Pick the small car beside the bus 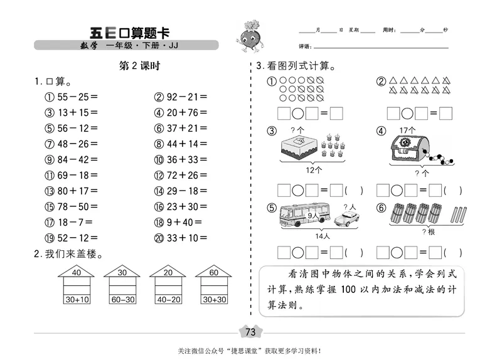(x=345, y=219)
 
